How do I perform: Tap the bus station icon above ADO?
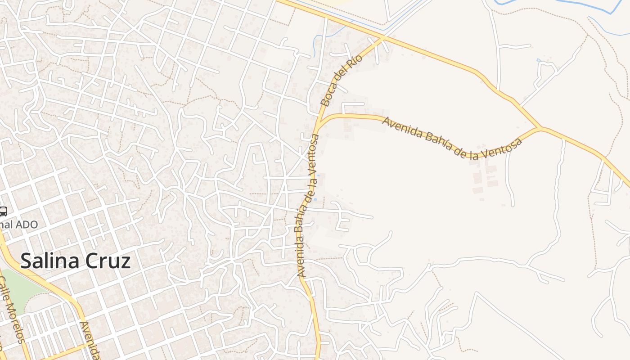(x=3, y=211)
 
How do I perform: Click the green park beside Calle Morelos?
(x=20, y=288)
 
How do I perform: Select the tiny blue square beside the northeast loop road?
(x=538, y=60)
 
